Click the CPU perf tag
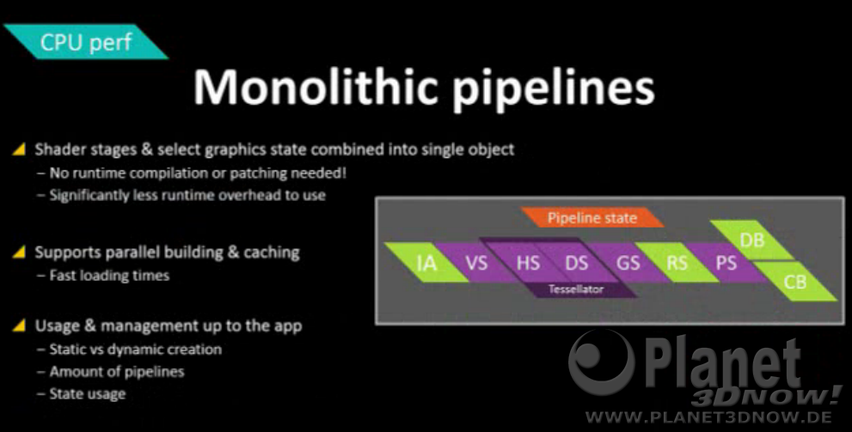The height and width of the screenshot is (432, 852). (86, 41)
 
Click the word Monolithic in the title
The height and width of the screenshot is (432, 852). (316, 87)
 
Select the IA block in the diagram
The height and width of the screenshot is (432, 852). (426, 263)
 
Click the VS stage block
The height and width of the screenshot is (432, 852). (476, 263)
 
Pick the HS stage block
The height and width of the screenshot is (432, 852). (528, 263)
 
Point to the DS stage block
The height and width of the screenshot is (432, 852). (577, 263)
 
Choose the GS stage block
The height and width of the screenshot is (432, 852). (628, 263)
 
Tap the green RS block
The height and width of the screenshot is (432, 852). (677, 263)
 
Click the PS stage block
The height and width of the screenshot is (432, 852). (726, 263)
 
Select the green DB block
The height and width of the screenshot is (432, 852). (752, 240)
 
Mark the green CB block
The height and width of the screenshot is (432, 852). (795, 282)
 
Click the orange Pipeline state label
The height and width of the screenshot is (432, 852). (591, 217)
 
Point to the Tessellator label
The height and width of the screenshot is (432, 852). (576, 289)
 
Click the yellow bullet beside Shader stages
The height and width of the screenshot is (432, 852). (19, 149)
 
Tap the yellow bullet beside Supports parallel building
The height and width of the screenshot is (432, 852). (19, 252)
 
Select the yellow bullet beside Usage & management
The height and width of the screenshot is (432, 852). (19, 326)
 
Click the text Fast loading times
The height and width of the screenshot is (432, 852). (109, 275)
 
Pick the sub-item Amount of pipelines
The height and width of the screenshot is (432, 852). (117, 372)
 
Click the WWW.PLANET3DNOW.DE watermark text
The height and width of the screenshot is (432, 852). (708, 417)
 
